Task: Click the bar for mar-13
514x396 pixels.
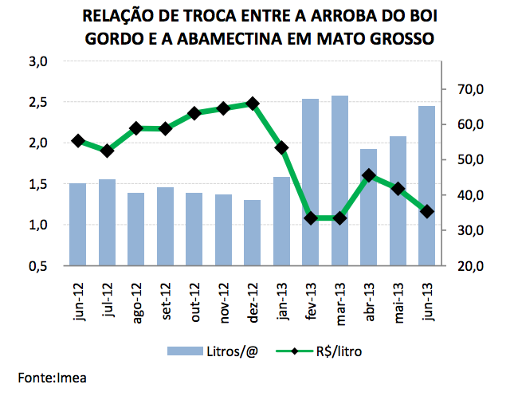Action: click(x=339, y=181)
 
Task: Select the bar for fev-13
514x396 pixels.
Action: click(x=310, y=182)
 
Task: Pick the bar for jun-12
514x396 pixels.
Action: click(x=77, y=225)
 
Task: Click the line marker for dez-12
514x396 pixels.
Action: click(x=252, y=104)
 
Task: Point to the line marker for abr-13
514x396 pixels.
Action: click(x=368, y=175)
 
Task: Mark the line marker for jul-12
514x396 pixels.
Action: click(x=106, y=151)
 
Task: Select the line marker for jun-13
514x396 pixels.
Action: click(x=426, y=211)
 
